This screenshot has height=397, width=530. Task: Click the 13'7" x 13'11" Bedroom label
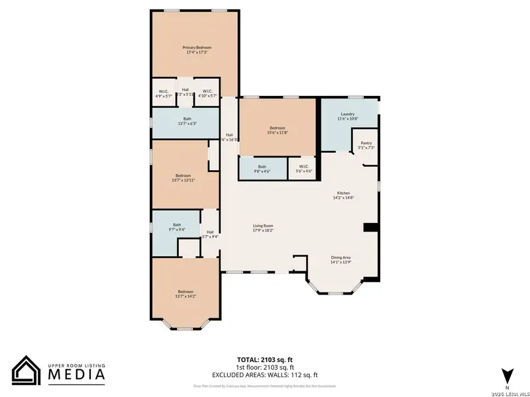[x=185, y=177]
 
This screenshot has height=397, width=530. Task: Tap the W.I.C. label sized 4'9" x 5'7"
[x=163, y=93]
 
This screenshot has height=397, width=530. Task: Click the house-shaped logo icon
[x=26, y=370]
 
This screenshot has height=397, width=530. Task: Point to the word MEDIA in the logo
[x=77, y=375]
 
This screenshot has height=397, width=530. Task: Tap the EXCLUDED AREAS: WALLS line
[x=265, y=375]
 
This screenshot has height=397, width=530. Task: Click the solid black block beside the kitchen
[x=371, y=228]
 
